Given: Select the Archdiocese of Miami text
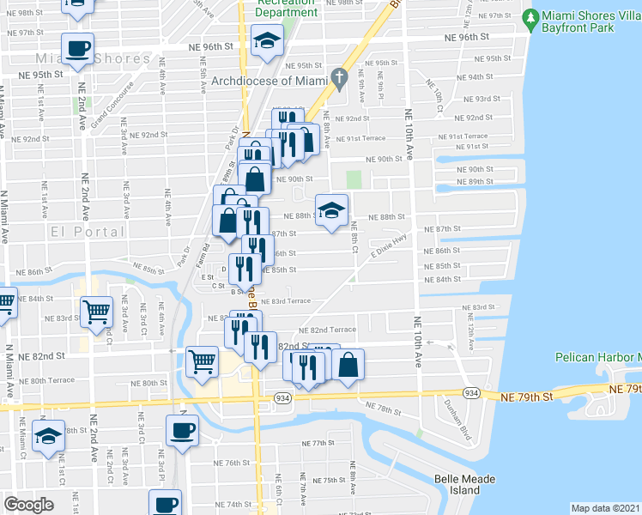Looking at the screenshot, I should pyautogui.click(x=270, y=82).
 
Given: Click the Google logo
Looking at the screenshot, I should pyautogui.click(x=28, y=504).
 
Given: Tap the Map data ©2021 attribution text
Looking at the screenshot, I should pyautogui.click(x=606, y=508).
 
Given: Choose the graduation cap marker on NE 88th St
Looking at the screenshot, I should pyautogui.click(x=330, y=210).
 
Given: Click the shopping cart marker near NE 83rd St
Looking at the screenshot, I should pyautogui.click(x=97, y=312).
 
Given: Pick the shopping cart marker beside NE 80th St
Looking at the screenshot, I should pyautogui.click(x=203, y=361).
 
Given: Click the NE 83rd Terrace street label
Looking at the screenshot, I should pyautogui.click(x=287, y=301).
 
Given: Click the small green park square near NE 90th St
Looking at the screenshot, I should pyautogui.click(x=354, y=179).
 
